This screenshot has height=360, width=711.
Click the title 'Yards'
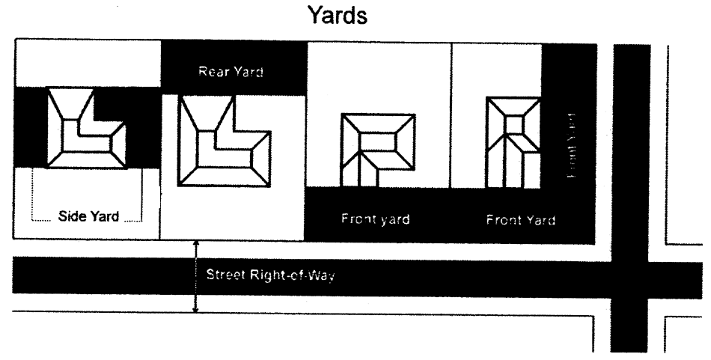pos(338,16)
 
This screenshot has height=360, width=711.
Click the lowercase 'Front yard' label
pos(376,220)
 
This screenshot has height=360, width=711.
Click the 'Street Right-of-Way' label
pos(270,276)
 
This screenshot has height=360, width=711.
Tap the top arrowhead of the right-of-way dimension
pos(195,245)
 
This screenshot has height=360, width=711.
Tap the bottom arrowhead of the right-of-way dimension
pos(195,308)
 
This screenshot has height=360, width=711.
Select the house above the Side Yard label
pos(86,128)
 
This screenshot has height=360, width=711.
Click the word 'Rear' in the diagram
pos(213,73)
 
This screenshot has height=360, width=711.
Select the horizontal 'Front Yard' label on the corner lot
pos(520,220)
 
